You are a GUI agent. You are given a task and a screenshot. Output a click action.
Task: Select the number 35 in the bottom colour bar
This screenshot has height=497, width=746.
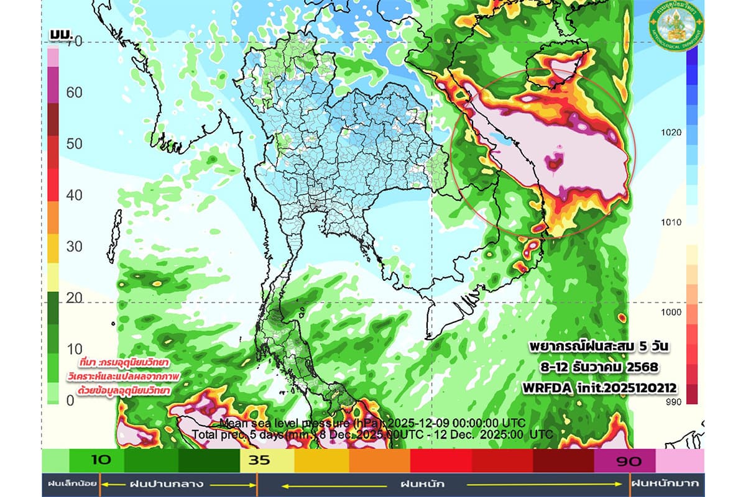point(259,461)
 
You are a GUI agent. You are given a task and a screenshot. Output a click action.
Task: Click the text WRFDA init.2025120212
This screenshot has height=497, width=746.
point(600,388)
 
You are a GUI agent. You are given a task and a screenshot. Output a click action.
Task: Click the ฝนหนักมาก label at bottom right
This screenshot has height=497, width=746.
point(664,483)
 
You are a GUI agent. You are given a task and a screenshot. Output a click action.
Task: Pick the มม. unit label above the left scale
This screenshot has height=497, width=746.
point(61,33)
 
